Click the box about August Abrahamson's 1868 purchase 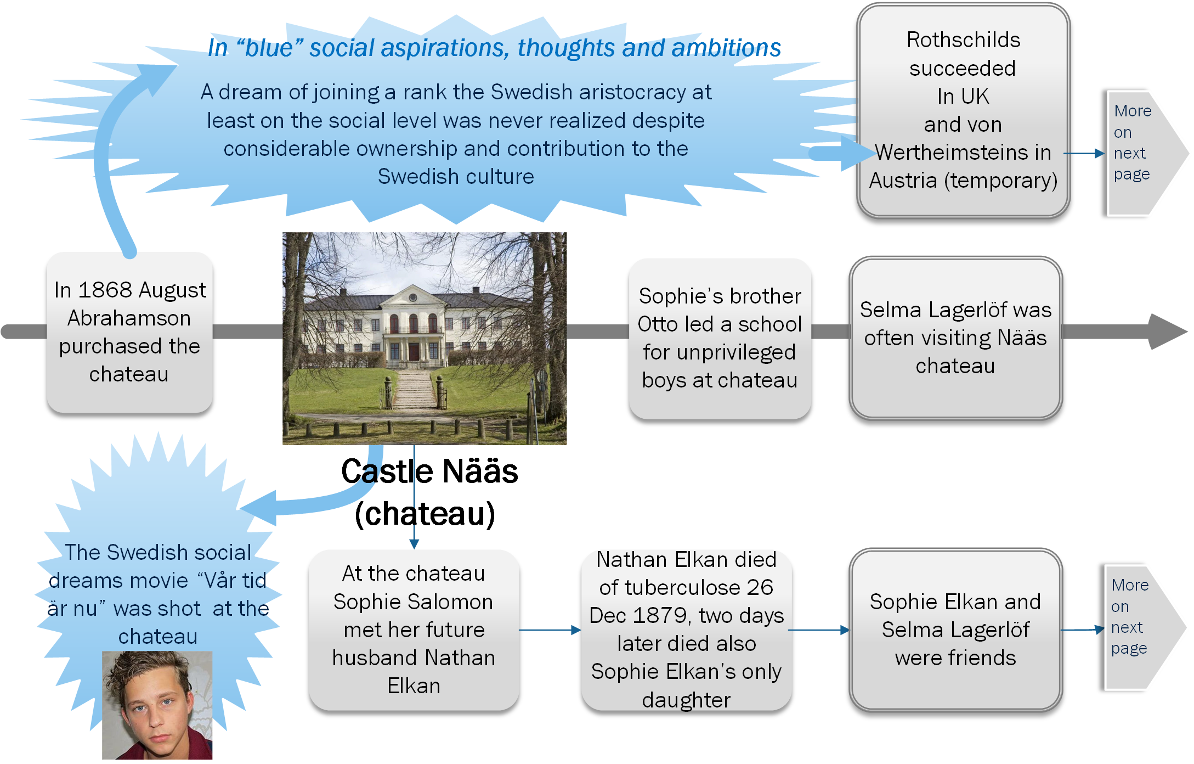[x=129, y=332]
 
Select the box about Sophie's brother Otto [x=720, y=338]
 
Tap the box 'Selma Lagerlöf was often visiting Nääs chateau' [x=955, y=338]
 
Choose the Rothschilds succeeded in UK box [x=963, y=110]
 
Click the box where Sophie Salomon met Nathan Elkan [x=414, y=630]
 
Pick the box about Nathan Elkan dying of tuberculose [x=686, y=630]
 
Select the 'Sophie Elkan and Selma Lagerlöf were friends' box [x=955, y=630]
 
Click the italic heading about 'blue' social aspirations [x=494, y=48]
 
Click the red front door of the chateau [x=414, y=350]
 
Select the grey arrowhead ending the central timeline [x=1168, y=332]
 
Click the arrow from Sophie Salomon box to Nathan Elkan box [x=550, y=630]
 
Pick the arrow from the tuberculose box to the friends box [x=819, y=630]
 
